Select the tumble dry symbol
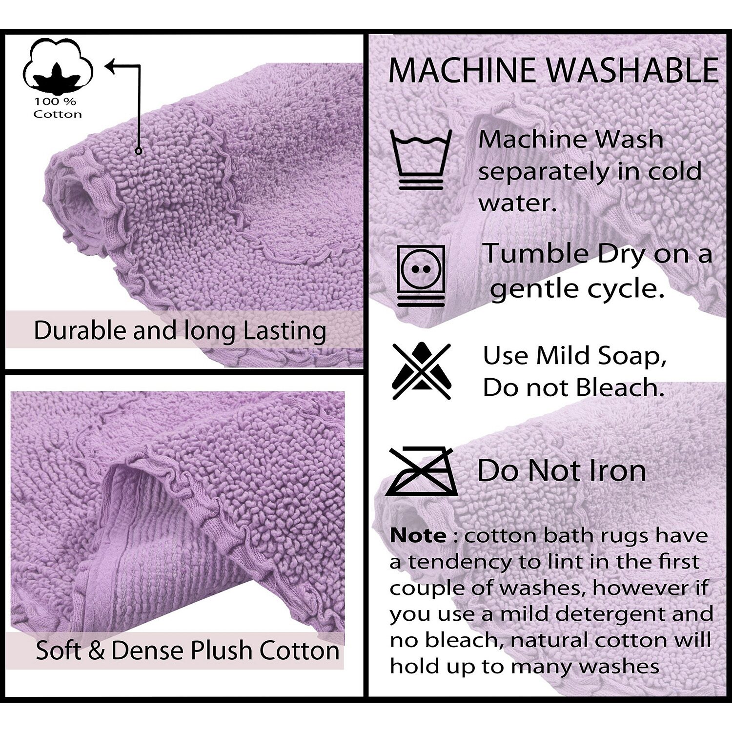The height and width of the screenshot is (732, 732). tap(421, 275)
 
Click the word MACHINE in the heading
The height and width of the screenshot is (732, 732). tap(462, 70)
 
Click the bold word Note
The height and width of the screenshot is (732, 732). tap(418, 536)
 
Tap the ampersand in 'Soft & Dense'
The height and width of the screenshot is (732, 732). tap(96, 650)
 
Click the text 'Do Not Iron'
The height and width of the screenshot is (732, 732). tap(562, 470)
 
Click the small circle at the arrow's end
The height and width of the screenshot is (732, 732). tap(139, 151)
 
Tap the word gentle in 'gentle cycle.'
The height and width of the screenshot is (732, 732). tap(534, 290)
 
